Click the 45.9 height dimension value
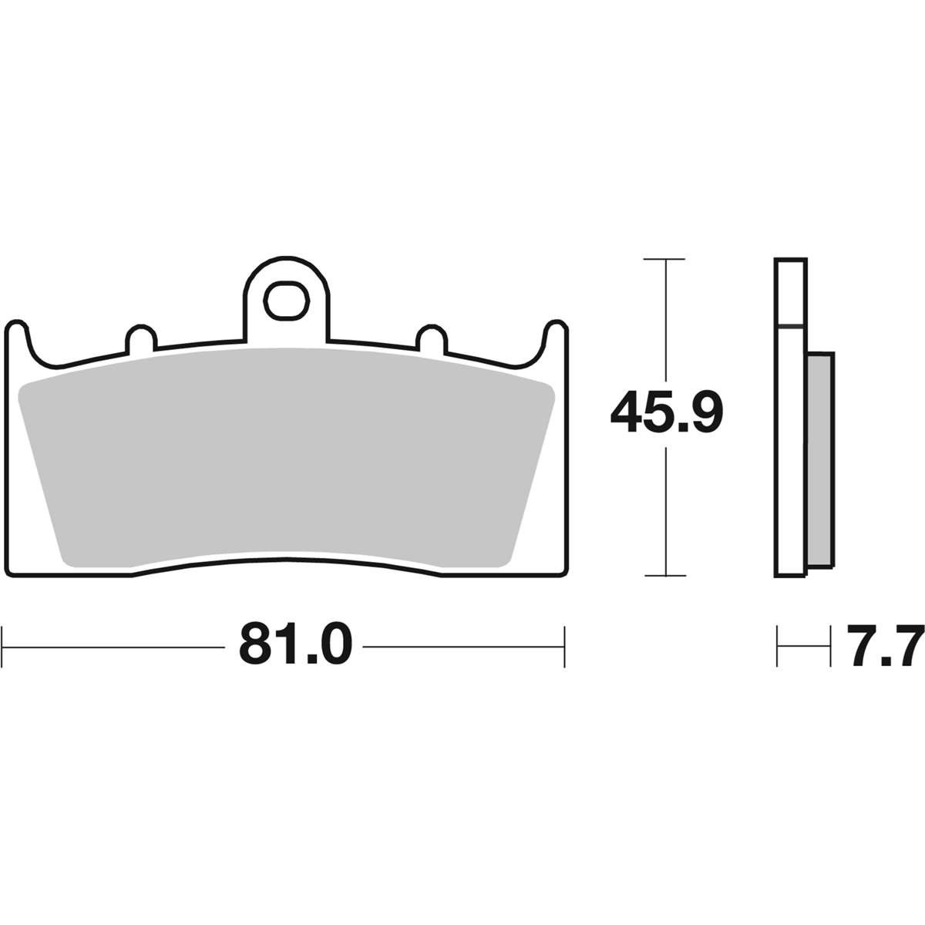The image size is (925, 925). [x=667, y=412]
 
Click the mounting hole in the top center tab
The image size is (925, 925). [x=286, y=301]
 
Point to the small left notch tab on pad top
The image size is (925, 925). [x=141, y=338]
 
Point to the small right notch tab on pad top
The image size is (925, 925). [x=432, y=338]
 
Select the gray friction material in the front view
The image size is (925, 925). [x=287, y=457]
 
